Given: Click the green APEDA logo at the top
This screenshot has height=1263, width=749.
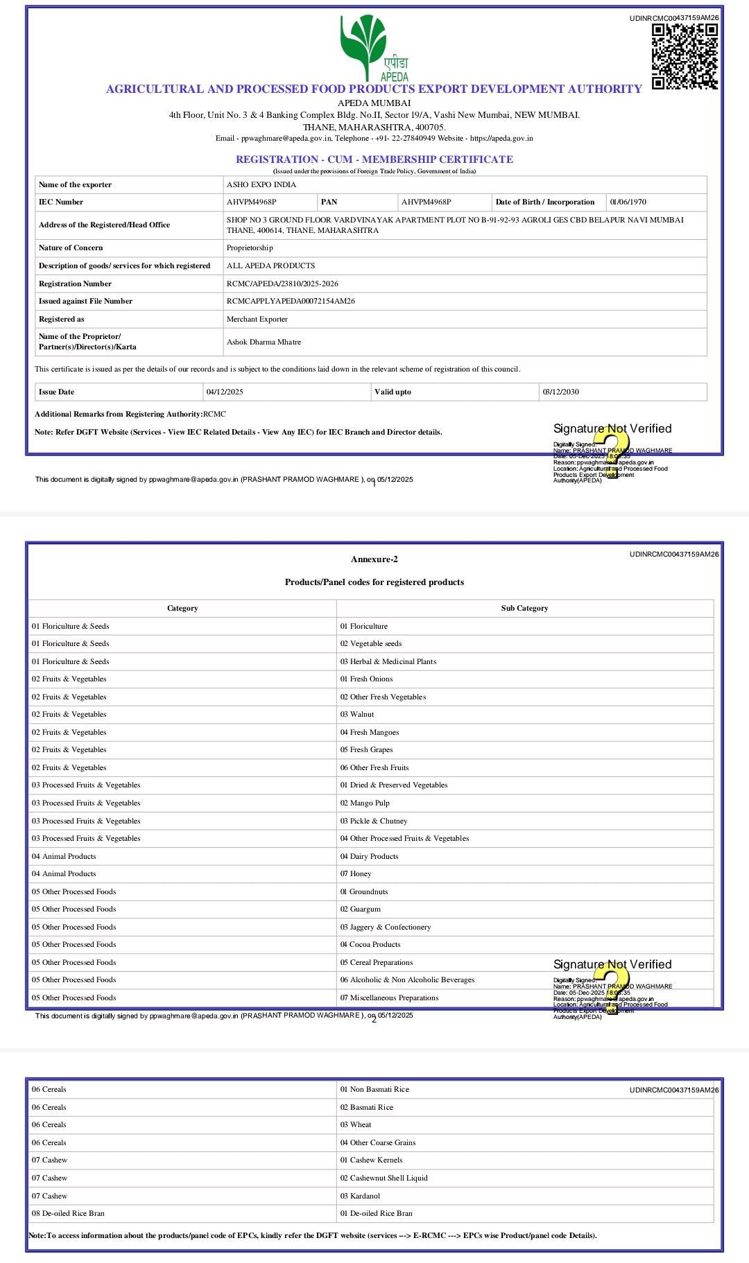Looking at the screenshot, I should click(374, 47).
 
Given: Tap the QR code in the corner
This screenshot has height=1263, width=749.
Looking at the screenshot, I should click(684, 56).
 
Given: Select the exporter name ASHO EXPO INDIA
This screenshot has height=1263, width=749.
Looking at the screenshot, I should click(261, 184).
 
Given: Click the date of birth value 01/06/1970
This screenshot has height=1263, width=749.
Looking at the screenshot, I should click(628, 202).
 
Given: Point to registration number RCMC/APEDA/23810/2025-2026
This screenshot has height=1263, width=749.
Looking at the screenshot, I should click(282, 284).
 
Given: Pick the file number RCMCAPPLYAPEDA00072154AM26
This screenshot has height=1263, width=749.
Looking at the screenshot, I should click(291, 301).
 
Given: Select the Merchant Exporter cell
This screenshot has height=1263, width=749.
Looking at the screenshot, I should click(257, 319).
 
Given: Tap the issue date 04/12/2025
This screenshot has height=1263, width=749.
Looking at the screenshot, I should click(225, 392).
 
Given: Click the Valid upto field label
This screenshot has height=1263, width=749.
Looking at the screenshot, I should click(393, 392).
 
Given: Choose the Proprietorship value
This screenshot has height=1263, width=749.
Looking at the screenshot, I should click(250, 247).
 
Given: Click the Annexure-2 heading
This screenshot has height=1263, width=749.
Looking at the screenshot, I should click(374, 559).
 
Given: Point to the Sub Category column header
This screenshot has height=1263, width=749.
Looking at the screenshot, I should click(524, 608).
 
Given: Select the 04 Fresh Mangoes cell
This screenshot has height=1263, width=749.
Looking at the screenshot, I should click(370, 732).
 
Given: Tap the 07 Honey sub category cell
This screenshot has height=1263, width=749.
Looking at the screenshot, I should click(356, 873).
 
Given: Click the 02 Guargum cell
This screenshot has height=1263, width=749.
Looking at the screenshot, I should click(361, 909).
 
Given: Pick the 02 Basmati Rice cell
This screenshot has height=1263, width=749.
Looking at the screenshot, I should click(367, 1107).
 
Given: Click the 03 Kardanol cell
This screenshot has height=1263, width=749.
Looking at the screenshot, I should click(360, 1196).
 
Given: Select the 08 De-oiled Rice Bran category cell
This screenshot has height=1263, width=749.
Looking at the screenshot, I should click(68, 1213).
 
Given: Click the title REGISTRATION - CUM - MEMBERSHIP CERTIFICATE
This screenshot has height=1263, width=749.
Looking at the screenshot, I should click(374, 159).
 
